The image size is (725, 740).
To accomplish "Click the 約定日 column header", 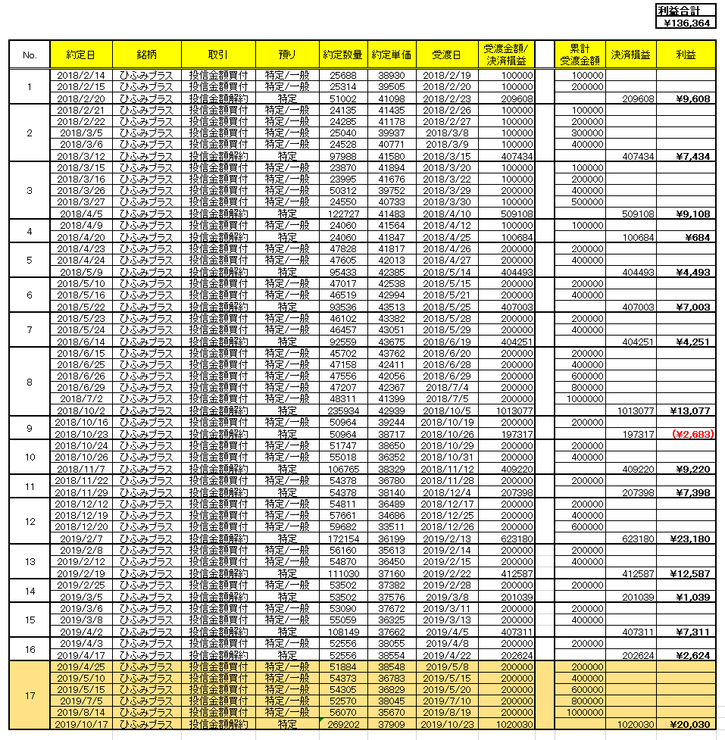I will point(81,55).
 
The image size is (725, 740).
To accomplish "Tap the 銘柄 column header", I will point(146,55).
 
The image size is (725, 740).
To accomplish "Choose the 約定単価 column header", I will point(392,55).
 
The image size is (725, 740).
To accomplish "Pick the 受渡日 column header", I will point(447,55).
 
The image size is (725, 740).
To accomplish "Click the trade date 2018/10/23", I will point(81,434).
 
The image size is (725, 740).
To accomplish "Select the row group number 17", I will point(30,695).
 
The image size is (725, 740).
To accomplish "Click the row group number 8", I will point(30,382).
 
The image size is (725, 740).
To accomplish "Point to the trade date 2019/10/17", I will point(81,725).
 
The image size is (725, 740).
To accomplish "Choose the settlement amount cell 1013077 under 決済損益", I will point(631,411).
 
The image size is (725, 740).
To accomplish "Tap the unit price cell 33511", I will point(392,527).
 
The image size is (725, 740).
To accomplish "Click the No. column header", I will point(30,55).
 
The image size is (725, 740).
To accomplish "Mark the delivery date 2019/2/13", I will point(447,539).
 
